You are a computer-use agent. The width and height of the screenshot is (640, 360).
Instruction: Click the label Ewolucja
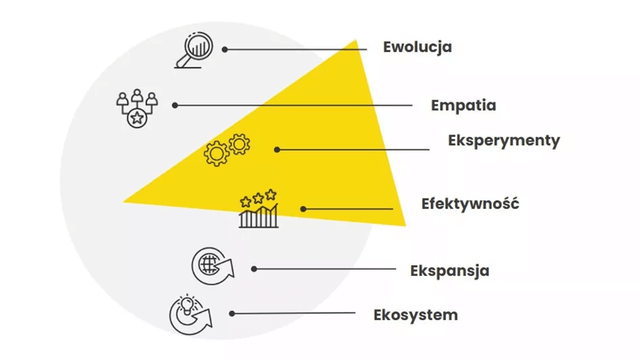tap(417, 47)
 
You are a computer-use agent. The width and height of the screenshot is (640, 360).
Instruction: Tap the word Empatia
tap(463, 106)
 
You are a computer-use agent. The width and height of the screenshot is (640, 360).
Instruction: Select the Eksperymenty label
tap(504, 140)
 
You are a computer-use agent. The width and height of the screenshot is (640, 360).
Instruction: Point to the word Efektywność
tap(470, 203)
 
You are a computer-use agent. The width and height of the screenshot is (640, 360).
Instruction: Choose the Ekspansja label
tap(449, 271)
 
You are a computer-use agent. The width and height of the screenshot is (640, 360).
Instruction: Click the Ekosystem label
tap(416, 315)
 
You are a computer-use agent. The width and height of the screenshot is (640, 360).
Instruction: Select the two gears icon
tap(227, 150)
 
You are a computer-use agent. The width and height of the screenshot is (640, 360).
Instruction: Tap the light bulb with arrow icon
tap(190, 315)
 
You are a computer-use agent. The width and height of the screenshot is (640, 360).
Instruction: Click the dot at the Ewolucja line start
tap(225, 49)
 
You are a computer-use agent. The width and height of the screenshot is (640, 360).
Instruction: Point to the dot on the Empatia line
tap(175, 105)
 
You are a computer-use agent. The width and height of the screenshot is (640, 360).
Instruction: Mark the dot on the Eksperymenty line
tap(277, 149)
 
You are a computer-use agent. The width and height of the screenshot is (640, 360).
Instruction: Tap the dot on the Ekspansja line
tap(254, 268)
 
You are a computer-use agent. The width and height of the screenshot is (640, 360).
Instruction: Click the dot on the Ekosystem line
tap(232, 313)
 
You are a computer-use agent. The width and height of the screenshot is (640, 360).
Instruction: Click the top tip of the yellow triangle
tap(355, 41)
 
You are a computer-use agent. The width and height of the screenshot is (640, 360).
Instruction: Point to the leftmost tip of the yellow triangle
tap(124, 201)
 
